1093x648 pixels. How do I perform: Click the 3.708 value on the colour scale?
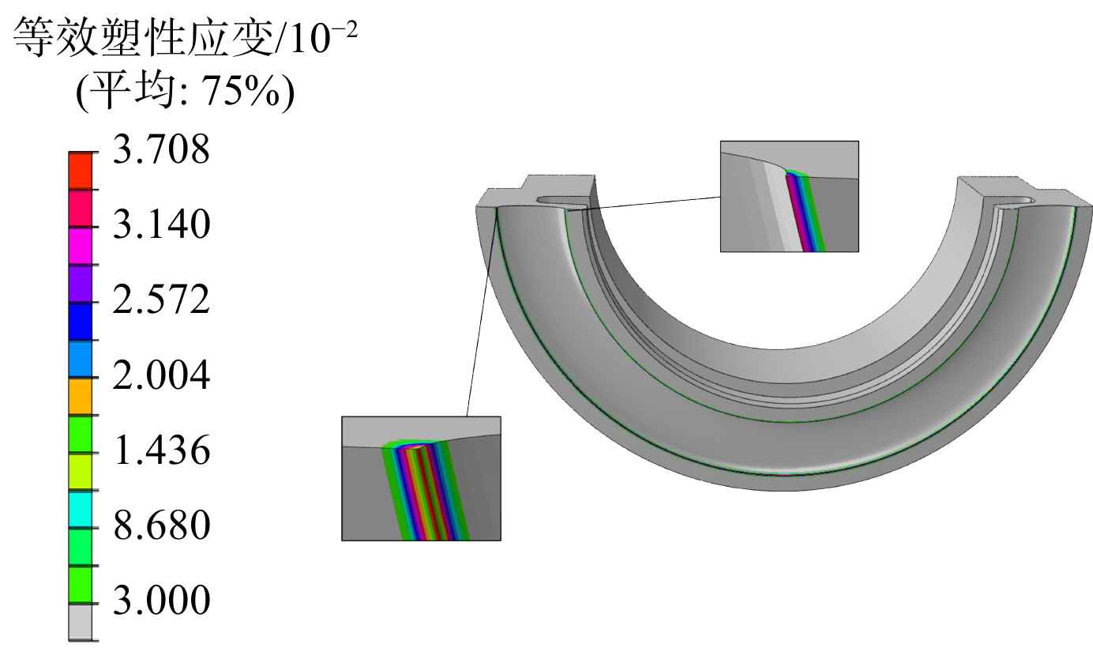click(162, 149)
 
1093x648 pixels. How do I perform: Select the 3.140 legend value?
click(162, 224)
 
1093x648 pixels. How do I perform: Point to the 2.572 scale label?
click(162, 300)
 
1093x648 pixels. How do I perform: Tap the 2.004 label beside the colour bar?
click(162, 375)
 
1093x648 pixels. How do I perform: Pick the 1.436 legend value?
click(162, 450)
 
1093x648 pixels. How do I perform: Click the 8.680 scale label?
click(162, 526)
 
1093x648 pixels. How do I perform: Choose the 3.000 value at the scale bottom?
click(162, 600)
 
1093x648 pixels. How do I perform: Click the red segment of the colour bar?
click(80, 171)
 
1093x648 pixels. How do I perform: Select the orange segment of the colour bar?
click(80, 397)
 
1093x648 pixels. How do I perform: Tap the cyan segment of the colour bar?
click(80, 510)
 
